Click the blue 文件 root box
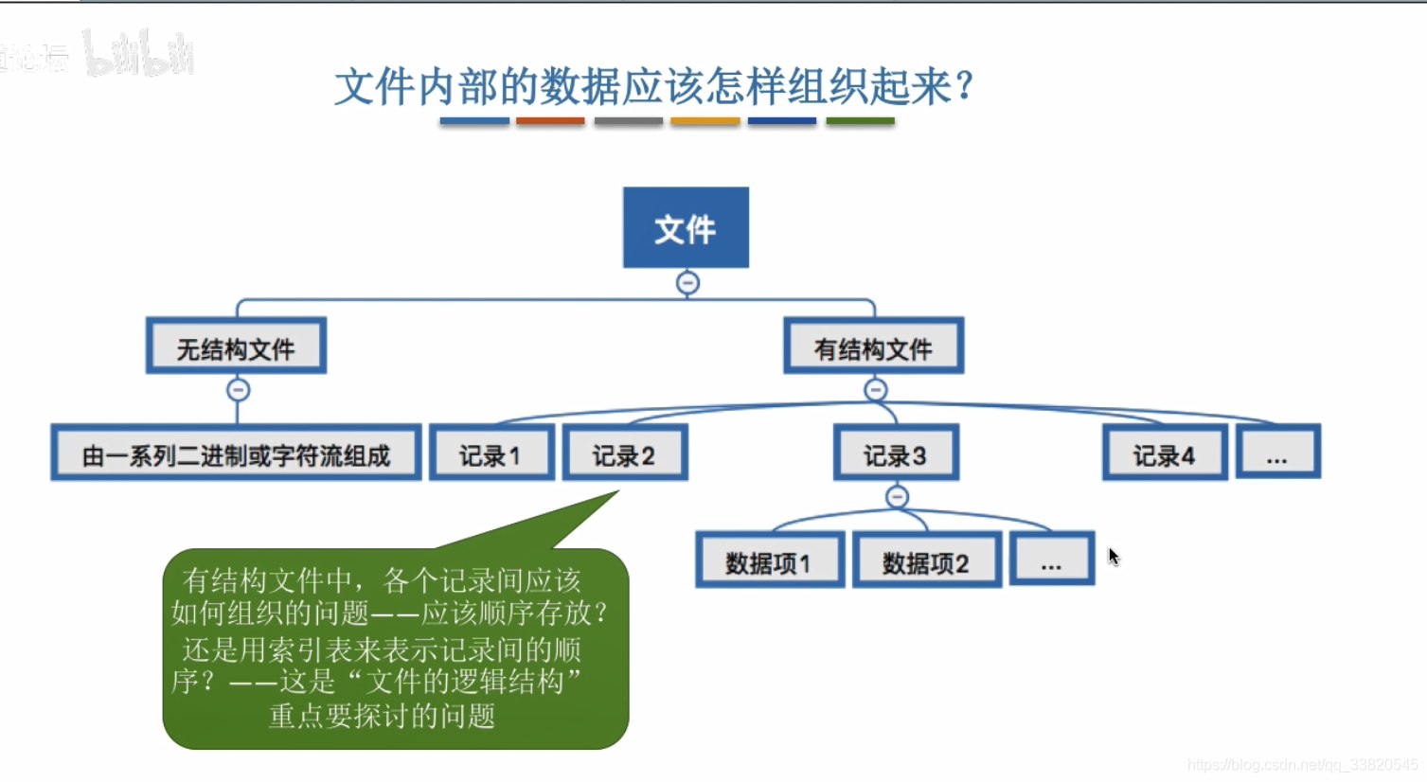pos(686,227)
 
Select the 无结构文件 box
pos(236,347)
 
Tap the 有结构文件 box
pos(873,347)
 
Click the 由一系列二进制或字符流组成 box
pos(236,453)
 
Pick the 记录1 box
pos(491,453)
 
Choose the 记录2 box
pos(625,453)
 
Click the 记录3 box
pos(896,453)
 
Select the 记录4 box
pos(1165,453)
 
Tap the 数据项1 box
pos(769,560)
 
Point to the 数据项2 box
pos(926,560)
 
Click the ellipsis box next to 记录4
pos(1277,453)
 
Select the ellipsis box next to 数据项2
pos(1051,560)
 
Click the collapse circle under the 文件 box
pos(687,283)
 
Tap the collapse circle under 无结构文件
pos(238,390)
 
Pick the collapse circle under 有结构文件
pos(876,390)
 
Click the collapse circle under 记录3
pos(898,497)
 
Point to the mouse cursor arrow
pos(1114,556)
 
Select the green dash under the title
pos(860,121)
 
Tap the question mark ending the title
pos(965,86)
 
